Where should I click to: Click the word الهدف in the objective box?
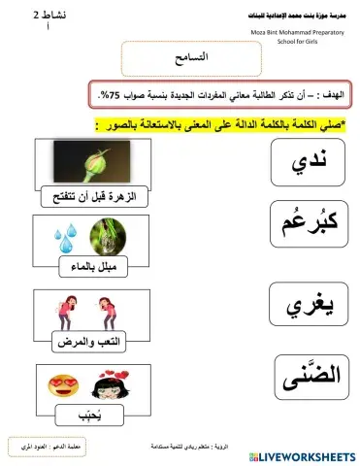click(331, 94)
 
